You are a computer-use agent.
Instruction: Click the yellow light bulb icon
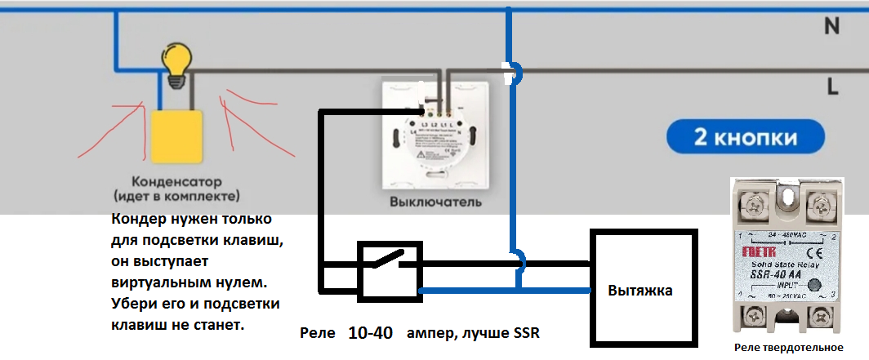coord(176,62)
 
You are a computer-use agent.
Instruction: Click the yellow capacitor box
coord(176,136)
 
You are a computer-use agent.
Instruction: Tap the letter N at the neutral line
coord(831,26)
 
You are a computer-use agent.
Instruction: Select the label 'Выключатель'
coord(434,202)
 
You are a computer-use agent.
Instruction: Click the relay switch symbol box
coord(390,268)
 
